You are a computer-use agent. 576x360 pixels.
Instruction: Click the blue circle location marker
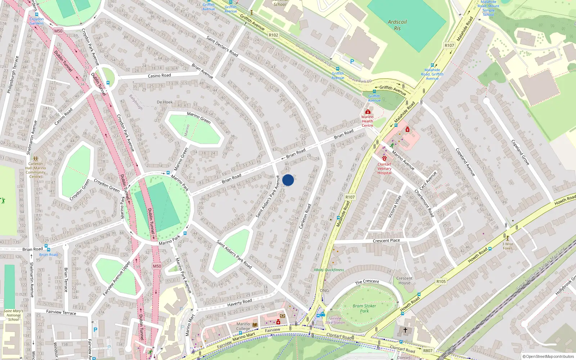click(288, 180)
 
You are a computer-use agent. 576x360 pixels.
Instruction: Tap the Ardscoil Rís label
click(397, 25)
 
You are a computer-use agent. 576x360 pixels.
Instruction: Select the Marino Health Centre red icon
click(368, 112)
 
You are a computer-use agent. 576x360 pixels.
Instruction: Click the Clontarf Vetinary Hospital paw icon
click(384, 158)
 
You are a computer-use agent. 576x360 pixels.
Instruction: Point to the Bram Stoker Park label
click(364, 308)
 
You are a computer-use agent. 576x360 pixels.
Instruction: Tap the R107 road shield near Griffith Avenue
click(449, 45)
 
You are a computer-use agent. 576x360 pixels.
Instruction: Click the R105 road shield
click(441, 282)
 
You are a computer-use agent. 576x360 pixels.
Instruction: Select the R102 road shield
click(273, 35)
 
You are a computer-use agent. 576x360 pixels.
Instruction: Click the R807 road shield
click(428, 351)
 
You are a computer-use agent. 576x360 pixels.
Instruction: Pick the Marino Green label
click(199, 117)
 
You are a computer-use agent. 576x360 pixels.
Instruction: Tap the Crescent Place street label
click(386, 240)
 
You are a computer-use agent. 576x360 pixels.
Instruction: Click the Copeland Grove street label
click(520, 152)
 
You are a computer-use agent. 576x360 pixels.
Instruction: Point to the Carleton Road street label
click(305, 216)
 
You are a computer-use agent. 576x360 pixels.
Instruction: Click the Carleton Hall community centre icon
click(35, 158)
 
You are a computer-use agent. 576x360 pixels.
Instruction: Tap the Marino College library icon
click(255, 325)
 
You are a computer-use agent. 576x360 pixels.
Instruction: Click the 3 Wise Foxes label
click(508, 246)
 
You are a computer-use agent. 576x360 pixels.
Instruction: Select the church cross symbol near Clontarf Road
click(405, 330)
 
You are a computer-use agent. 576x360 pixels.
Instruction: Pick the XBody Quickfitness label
click(329, 270)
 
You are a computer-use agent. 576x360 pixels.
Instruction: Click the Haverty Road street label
click(239, 302)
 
